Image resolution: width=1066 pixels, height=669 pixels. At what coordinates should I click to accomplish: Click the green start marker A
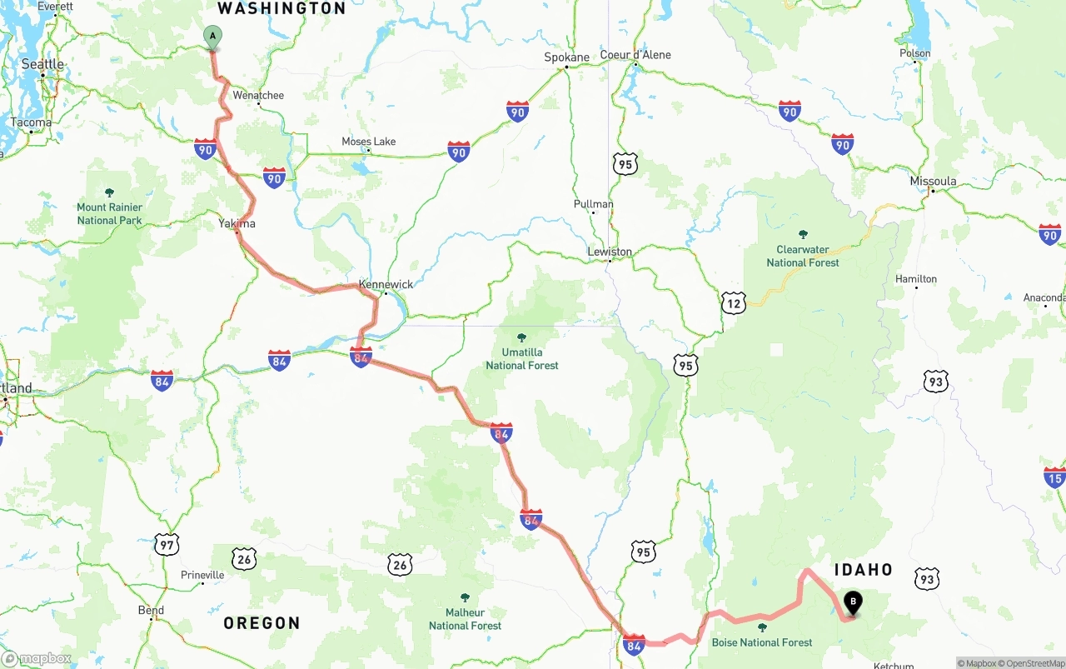[x=212, y=37]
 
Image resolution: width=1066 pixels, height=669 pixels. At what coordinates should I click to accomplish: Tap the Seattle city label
[x=42, y=64]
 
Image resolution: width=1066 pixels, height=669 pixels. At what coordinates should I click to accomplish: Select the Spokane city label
[x=566, y=57]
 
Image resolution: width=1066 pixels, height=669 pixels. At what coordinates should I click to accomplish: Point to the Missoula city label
[x=933, y=182]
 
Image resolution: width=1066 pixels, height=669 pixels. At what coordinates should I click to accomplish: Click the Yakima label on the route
[x=237, y=223]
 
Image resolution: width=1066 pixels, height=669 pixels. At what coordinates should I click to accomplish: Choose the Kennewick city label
[x=386, y=284]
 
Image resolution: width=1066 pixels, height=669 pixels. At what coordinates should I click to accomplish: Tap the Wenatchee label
[x=258, y=95]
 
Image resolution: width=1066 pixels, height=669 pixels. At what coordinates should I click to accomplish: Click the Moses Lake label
[x=368, y=142]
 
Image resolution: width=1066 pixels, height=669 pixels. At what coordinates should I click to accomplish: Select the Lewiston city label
[x=610, y=252]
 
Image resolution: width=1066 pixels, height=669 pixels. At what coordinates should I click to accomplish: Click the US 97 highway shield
[x=167, y=546]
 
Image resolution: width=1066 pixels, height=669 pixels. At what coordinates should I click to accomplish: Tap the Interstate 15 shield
[x=1054, y=477]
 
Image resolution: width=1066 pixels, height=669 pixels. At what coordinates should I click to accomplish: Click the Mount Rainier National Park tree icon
[x=109, y=192]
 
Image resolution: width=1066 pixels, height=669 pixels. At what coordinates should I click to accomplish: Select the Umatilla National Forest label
[x=522, y=359]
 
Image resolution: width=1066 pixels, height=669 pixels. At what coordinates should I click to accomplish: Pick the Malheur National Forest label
[x=465, y=619]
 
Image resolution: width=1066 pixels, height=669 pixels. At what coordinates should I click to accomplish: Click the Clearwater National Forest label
[x=803, y=256]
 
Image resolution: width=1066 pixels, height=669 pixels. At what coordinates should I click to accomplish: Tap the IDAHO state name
[x=863, y=570]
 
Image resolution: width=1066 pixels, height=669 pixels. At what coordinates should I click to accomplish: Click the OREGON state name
[x=262, y=623]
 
